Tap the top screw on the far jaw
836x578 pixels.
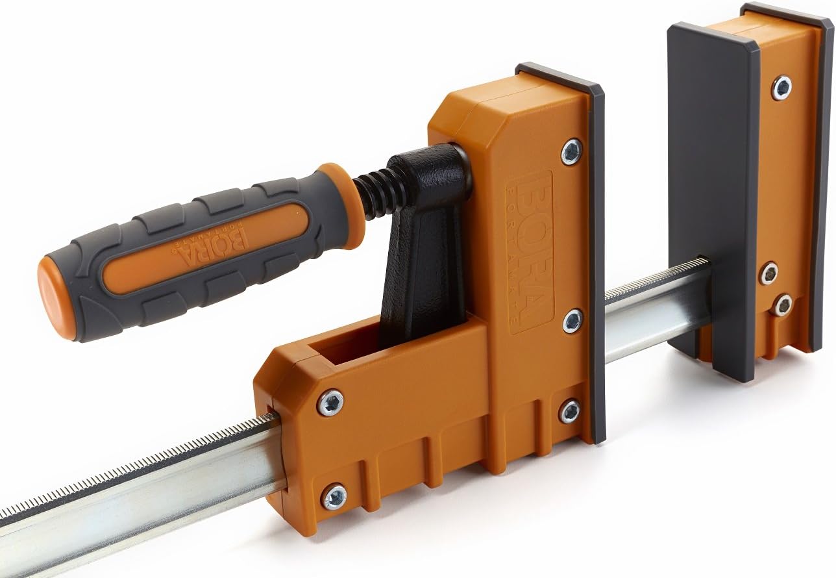click(x=781, y=88)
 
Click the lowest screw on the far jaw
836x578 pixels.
click(x=782, y=305)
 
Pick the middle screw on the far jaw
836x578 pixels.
click(x=769, y=273)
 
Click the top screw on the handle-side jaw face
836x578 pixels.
click(x=571, y=151)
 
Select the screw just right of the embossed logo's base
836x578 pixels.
click(x=572, y=321)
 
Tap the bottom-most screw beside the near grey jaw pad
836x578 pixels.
click(x=570, y=410)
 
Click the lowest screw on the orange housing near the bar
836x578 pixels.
click(x=334, y=497)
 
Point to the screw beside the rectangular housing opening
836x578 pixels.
click(x=330, y=403)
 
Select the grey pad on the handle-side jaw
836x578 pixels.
click(x=596, y=260)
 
